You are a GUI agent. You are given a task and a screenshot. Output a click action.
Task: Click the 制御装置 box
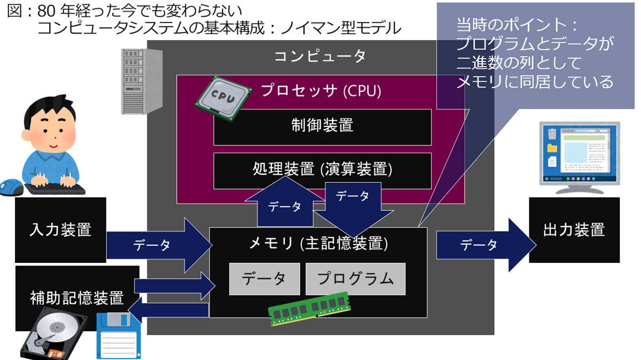pyautogui.click(x=322, y=127)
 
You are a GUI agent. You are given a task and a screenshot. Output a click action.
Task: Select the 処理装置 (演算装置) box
pyautogui.click(x=322, y=170)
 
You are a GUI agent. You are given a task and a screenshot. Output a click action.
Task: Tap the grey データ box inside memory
pyautogui.click(x=264, y=279)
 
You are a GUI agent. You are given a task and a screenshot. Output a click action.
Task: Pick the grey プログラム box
pyautogui.click(x=355, y=279)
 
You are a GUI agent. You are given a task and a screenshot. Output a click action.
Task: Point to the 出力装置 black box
pyautogui.click(x=574, y=230)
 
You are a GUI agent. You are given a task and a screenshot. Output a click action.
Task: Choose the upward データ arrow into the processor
pyautogui.click(x=283, y=203)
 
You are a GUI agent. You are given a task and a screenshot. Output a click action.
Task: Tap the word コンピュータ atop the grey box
pyautogui.click(x=320, y=56)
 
